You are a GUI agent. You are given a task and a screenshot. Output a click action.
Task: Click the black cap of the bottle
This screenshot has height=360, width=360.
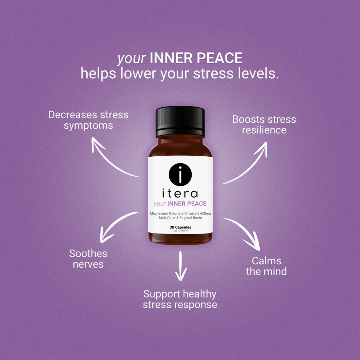point(180,122)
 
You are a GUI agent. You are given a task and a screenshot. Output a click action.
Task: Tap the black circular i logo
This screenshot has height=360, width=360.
point(180,175)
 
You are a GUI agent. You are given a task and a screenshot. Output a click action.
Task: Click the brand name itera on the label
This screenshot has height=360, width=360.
point(180,193)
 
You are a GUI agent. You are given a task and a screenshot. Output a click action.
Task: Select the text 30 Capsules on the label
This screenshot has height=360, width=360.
point(180,227)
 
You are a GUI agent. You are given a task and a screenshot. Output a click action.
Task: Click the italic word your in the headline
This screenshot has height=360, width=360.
point(131,59)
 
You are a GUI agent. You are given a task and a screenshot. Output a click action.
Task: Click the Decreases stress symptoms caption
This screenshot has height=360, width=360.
point(88,120)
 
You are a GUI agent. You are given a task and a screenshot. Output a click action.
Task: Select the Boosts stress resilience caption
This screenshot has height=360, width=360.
point(264,124)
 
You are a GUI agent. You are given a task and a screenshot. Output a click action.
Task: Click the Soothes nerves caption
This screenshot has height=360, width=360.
point(88,259)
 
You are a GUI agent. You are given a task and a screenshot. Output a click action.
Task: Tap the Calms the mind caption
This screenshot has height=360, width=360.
point(266,266)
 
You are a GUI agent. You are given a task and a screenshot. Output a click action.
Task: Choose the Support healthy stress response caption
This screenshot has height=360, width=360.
point(180,299)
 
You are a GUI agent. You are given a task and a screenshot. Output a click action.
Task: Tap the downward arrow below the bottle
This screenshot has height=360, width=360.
point(180,267)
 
